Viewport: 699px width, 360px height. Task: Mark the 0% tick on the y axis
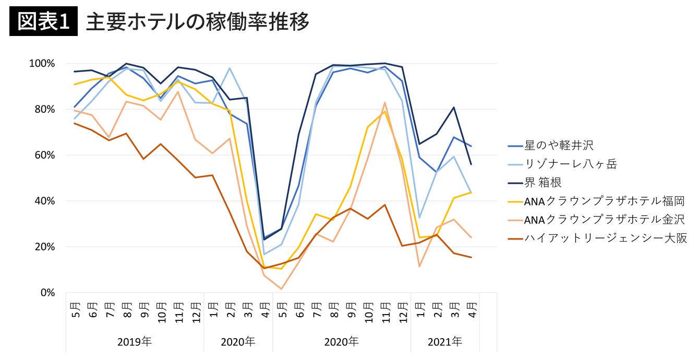[x=47, y=293]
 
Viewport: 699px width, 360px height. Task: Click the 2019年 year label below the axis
[x=135, y=342]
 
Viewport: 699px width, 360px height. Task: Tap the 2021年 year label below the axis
[x=445, y=342]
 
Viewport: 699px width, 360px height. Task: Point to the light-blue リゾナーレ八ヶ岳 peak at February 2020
[x=230, y=68]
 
